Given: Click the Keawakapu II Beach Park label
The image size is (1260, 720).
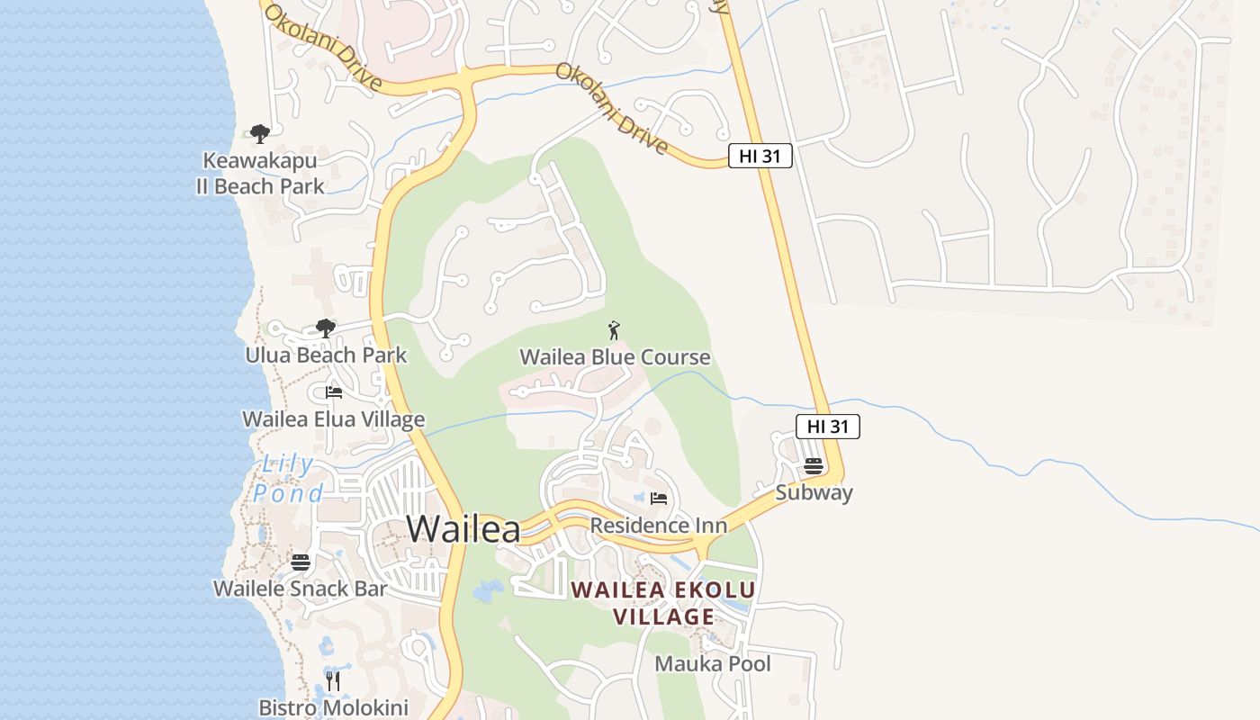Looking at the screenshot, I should click(x=260, y=174).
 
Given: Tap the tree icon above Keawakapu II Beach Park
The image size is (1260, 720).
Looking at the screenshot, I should click(x=260, y=134).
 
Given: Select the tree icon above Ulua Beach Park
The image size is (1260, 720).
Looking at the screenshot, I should click(x=326, y=328).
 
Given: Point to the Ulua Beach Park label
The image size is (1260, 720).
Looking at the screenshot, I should click(x=326, y=355).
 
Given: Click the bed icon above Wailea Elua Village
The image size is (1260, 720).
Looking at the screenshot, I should click(x=334, y=392).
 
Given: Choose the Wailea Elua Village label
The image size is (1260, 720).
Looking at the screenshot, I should click(x=333, y=419).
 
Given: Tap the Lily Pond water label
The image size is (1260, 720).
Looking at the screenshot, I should click(x=288, y=479).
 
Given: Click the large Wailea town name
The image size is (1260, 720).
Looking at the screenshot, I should click(x=463, y=529).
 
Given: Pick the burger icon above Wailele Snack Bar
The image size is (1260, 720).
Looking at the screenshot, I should click(x=301, y=562).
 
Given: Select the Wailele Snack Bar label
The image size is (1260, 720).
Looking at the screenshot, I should click(x=300, y=589).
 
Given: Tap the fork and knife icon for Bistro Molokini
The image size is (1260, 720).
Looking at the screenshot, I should click(x=333, y=680).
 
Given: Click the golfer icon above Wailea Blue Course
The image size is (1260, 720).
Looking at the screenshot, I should click(x=615, y=330).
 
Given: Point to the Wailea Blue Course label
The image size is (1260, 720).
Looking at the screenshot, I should click(x=615, y=357).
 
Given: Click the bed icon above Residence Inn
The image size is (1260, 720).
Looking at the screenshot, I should click(x=659, y=499).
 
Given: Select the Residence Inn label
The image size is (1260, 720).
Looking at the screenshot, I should click(x=659, y=526).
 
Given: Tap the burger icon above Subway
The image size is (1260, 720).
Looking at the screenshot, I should click(x=814, y=465).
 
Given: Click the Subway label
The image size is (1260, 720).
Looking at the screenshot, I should click(x=814, y=492).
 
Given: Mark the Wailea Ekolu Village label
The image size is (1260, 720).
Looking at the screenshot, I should click(x=663, y=603).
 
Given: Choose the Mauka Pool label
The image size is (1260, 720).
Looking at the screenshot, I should click(x=713, y=664).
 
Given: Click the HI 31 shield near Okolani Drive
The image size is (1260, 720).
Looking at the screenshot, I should click(x=760, y=156).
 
